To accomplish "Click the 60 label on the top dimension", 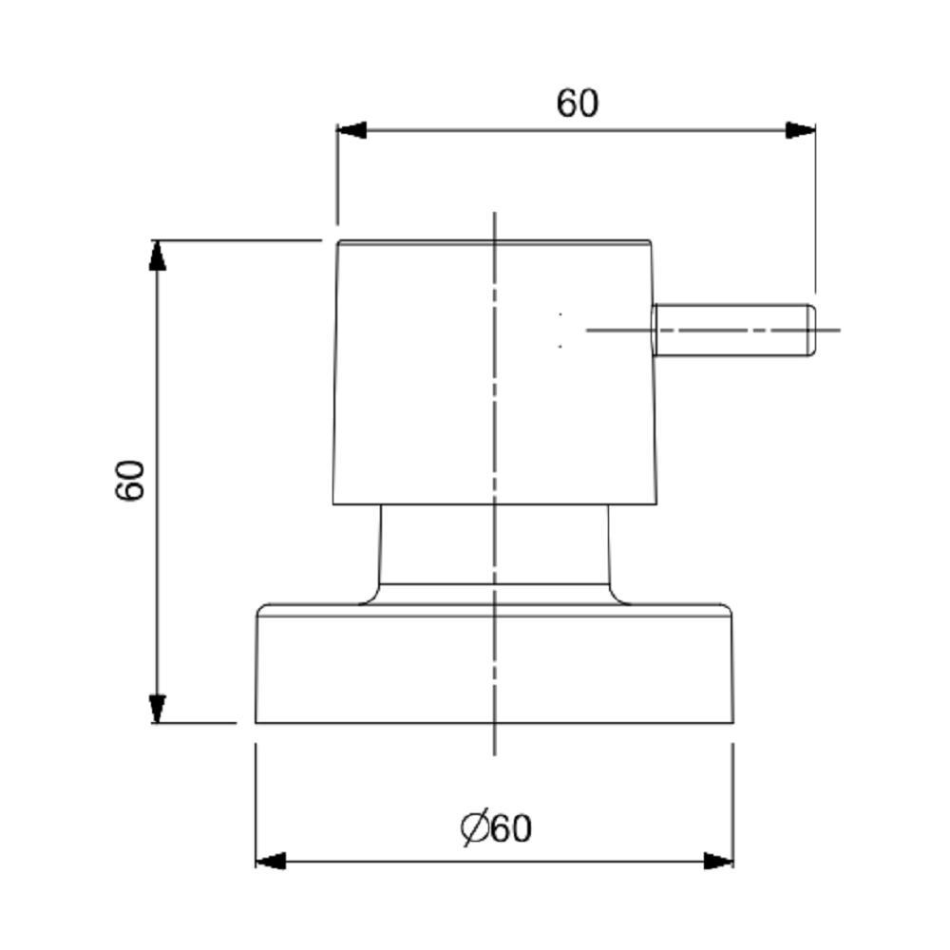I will [x=578, y=103].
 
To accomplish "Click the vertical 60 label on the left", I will [x=130, y=480].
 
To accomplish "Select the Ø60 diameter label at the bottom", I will [x=497, y=827].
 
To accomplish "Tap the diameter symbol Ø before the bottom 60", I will [x=474, y=827].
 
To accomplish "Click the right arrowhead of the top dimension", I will [x=801, y=130].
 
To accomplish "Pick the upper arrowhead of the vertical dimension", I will [x=158, y=256].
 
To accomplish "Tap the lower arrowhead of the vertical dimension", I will [x=158, y=708].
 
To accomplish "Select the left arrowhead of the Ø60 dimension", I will [x=271, y=861].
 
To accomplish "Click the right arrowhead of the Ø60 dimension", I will [x=718, y=861].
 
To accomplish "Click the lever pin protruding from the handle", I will [x=731, y=330].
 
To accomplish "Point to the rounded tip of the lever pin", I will [x=810, y=330].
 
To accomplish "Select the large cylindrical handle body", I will [x=427, y=380].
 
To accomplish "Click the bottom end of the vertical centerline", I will [x=495, y=753].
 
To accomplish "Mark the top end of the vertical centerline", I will [x=495, y=215].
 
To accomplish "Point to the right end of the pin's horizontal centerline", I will [x=838, y=330].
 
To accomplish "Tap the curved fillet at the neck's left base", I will [x=370, y=596].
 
